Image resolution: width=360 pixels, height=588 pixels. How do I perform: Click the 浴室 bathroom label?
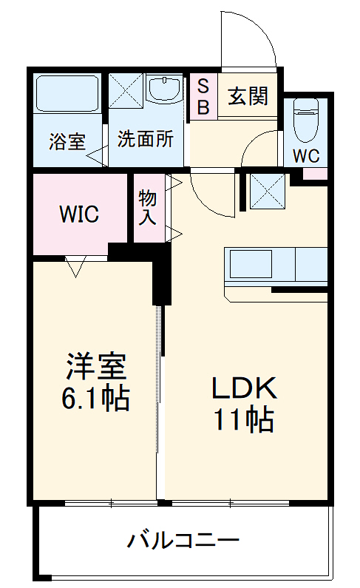pos(67,141)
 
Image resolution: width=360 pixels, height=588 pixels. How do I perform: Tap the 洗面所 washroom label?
pos(145,139)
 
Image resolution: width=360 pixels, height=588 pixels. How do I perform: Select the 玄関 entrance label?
pos(248,97)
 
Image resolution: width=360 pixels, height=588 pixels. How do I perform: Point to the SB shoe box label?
pos(203,96)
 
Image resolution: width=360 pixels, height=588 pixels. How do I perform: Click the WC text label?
pos(306,156)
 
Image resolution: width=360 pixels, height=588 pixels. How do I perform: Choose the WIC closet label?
pos(79,214)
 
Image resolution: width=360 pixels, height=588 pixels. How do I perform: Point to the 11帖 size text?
pos(244,420)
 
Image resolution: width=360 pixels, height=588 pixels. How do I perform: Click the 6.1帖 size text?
pos(96,399)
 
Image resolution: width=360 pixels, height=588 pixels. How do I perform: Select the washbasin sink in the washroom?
pos(163,90)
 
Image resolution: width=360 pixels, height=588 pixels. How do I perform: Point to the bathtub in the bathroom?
pos(67,94)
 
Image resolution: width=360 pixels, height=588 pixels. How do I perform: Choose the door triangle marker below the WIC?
pos(75,266)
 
